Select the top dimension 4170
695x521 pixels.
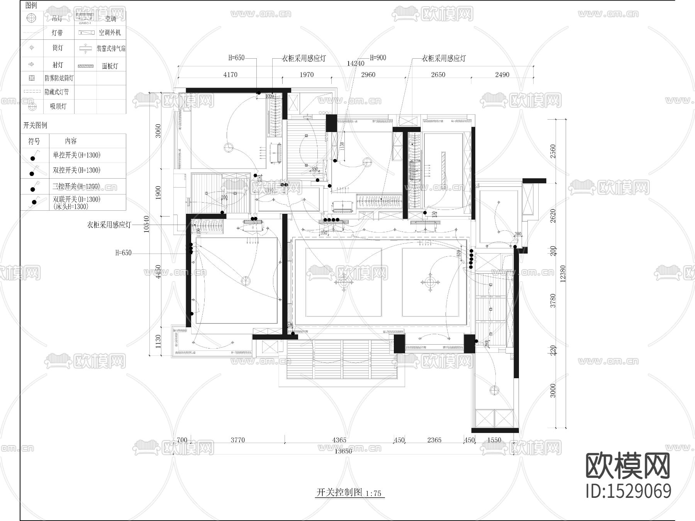pos(230,74)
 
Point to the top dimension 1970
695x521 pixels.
pos(307,74)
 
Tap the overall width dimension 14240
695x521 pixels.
pos(355,64)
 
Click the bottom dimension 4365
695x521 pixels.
pos(339,440)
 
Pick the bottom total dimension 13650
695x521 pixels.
pos(343,451)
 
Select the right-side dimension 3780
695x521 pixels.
pos(553,301)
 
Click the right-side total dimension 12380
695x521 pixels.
pos(563,274)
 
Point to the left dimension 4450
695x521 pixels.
pos(158,272)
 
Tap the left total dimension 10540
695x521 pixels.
pos(146,224)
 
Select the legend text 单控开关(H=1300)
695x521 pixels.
pos(76,155)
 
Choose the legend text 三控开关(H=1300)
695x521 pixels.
pos(76,186)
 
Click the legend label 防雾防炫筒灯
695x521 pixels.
pos(59,78)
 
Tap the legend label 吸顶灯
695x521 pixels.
pos(58,107)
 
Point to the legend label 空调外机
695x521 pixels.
pos(110,33)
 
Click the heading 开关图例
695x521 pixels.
pos(35,125)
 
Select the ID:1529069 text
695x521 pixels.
pos(628,491)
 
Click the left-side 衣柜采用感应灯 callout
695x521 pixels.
pos(109,225)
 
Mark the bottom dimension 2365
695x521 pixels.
pos(434,440)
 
